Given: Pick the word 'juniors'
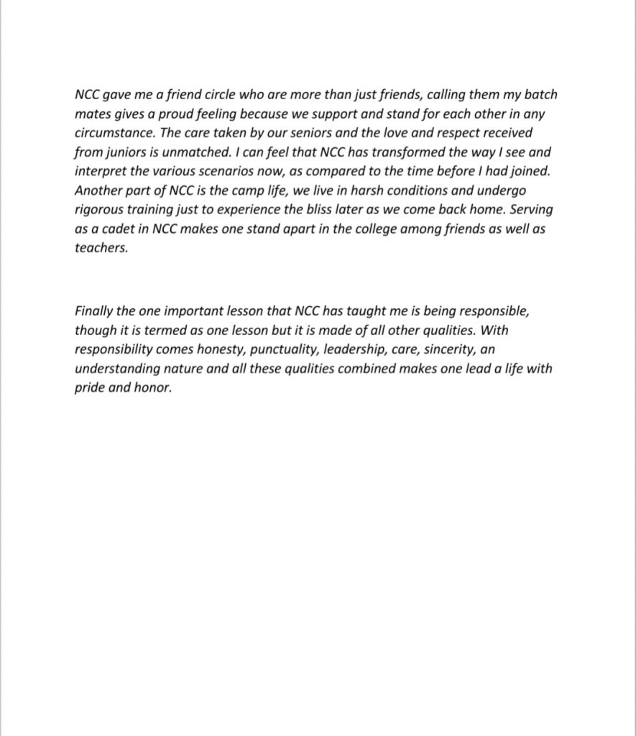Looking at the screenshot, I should tap(132, 152).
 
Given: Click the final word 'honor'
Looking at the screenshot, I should tap(153, 388).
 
